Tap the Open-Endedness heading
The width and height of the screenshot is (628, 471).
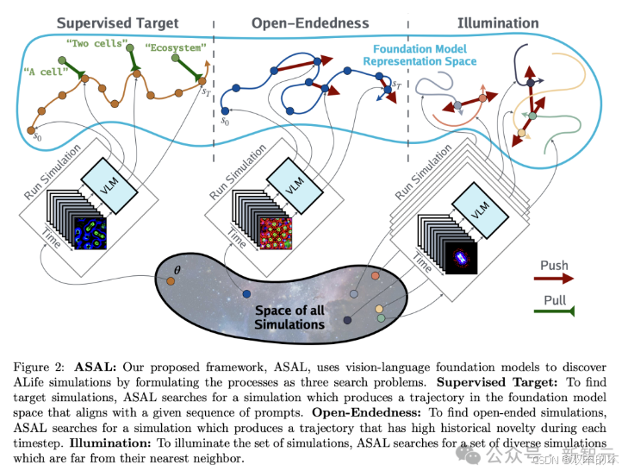(310, 22)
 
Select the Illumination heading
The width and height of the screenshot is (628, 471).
(498, 22)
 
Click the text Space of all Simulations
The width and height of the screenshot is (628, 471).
(289, 317)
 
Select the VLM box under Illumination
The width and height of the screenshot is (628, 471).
(478, 207)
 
